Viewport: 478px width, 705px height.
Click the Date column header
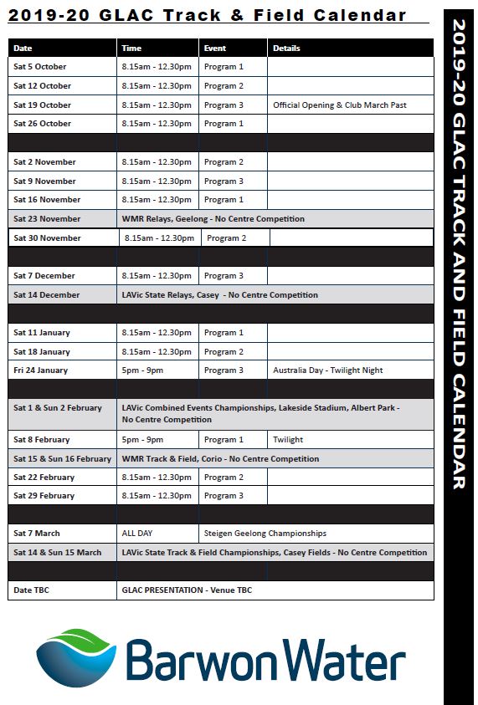(x=23, y=49)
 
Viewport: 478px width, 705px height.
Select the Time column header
(x=131, y=49)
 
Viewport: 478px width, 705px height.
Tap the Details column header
(x=286, y=49)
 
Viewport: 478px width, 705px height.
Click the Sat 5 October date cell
(x=39, y=67)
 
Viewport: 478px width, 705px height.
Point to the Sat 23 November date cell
(x=47, y=219)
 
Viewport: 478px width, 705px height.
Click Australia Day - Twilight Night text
(x=327, y=370)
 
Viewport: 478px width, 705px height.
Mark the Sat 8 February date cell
(x=42, y=440)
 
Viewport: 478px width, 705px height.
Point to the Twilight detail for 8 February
(x=288, y=440)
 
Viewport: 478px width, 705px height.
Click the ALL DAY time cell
(x=138, y=534)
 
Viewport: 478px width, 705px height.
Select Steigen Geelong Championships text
(x=265, y=534)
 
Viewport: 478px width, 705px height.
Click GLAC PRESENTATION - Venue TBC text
(x=187, y=590)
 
